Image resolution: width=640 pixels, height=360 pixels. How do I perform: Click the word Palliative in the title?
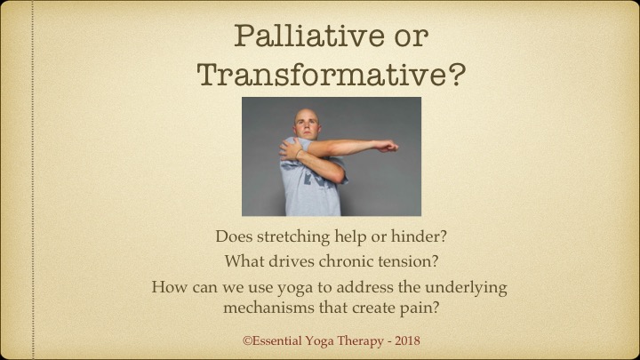click(309, 36)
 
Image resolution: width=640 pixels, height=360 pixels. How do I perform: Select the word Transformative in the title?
click(323, 74)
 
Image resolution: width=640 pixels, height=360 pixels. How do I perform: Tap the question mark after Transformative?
click(457, 74)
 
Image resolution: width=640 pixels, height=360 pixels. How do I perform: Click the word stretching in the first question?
click(293, 237)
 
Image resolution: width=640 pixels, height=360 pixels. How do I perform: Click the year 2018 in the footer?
click(407, 340)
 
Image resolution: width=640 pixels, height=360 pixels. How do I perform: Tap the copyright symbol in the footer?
click(247, 340)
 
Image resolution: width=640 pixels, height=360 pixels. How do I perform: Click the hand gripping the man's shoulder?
click(290, 149)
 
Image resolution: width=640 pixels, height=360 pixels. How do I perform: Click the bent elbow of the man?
click(338, 174)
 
